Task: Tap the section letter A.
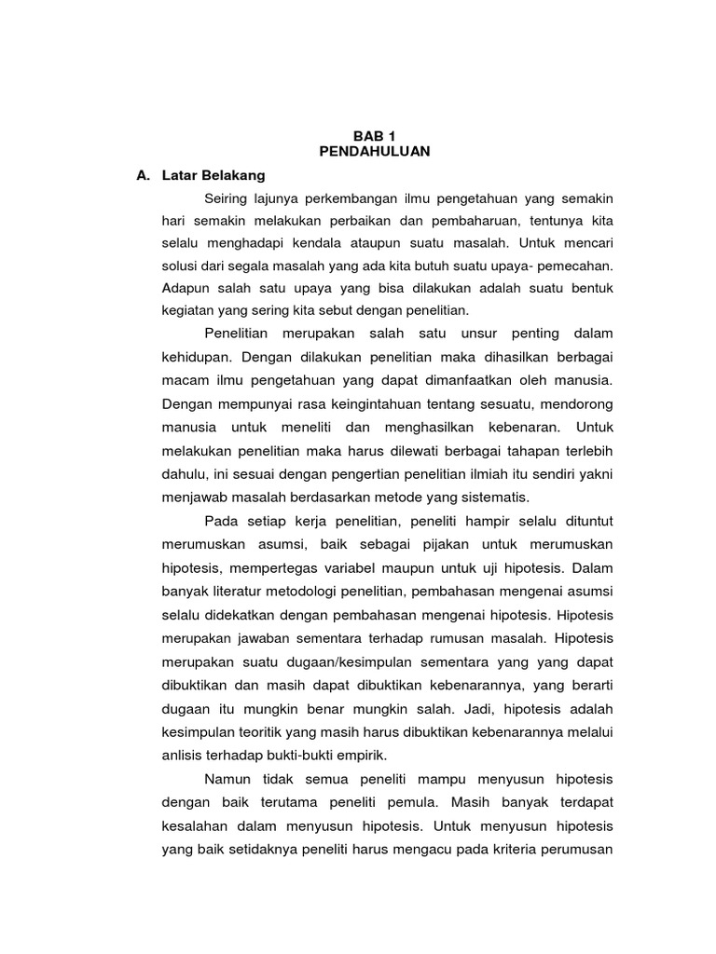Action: (143, 174)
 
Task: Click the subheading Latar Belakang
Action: (213, 174)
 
